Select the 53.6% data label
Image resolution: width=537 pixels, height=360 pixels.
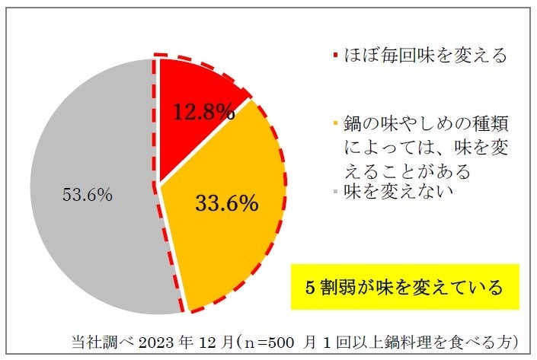coord(87,194)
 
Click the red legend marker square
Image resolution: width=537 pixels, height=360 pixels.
coord(335,56)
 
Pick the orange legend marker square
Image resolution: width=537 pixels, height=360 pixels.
coord(335,123)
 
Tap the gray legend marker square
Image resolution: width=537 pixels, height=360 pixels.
coord(335,192)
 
